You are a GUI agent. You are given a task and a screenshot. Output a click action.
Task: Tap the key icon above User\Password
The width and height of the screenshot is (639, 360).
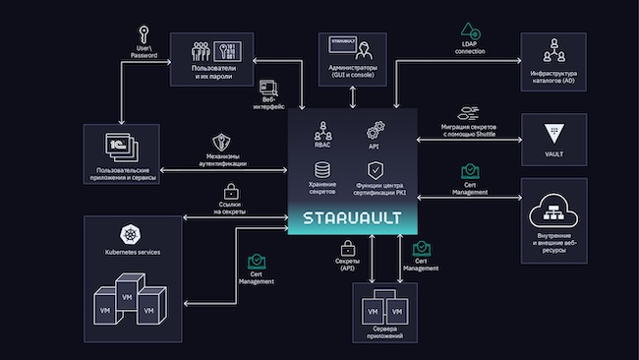[145, 32]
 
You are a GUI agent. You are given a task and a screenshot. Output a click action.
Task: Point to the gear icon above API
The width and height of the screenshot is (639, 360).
[375, 129]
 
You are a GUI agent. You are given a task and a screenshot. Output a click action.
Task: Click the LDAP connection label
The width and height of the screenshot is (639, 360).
[470, 47]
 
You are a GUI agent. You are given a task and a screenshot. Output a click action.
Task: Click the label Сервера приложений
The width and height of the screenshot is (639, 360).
[378, 332]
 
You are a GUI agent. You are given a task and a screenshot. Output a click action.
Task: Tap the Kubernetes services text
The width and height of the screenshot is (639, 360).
[130, 253]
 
